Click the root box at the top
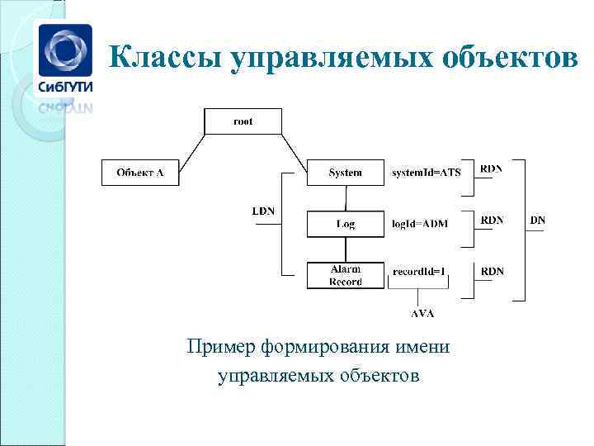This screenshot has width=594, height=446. (x=243, y=121)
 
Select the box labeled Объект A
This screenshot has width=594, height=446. (x=139, y=173)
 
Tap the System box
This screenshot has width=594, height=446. (x=345, y=173)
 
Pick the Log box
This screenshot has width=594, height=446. (x=345, y=224)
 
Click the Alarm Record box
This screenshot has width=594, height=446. (x=345, y=275)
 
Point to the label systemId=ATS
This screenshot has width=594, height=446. (x=426, y=173)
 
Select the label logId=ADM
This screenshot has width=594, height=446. (x=420, y=224)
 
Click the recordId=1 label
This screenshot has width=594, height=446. (x=418, y=271)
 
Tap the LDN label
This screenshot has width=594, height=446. (x=263, y=211)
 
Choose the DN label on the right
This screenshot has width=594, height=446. (x=537, y=221)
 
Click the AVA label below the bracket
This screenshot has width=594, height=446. (x=422, y=313)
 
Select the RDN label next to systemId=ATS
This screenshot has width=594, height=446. (x=492, y=168)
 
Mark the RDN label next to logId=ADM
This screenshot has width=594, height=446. (x=493, y=221)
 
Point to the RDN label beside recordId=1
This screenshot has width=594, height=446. (x=493, y=271)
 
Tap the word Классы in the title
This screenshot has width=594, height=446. (x=164, y=57)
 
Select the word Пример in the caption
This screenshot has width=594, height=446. (x=221, y=347)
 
